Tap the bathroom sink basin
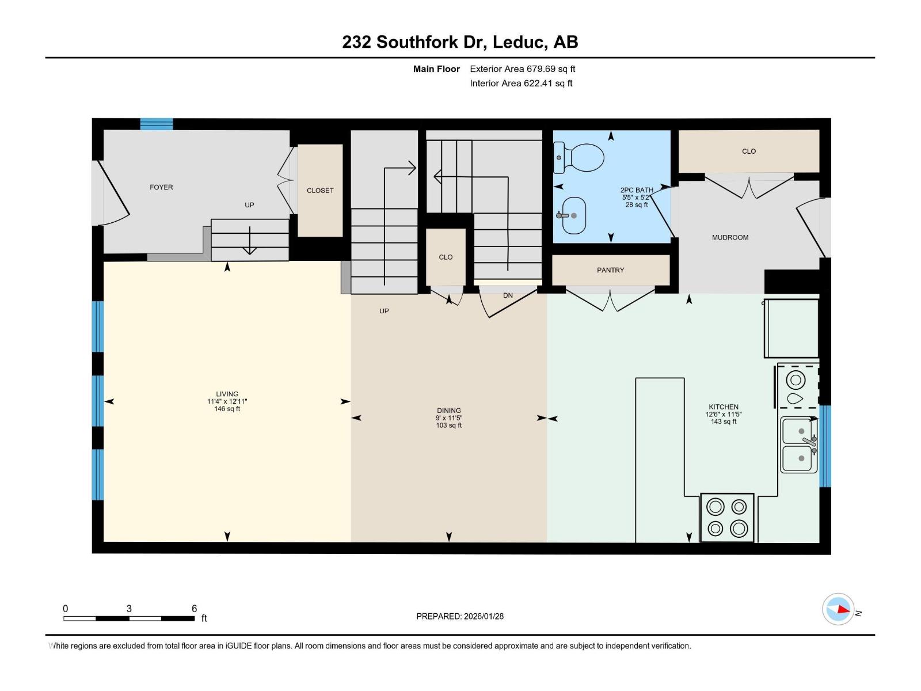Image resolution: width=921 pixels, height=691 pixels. click(x=573, y=215)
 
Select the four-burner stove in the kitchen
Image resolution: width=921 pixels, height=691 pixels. click(x=727, y=517)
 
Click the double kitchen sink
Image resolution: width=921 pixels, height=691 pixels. click(x=799, y=445)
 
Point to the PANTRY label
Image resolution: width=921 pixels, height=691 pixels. click(x=610, y=270)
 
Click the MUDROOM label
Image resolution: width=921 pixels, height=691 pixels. click(x=730, y=237)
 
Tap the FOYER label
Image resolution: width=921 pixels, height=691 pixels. click(x=161, y=187)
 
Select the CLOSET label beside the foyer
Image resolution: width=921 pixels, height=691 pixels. click(x=320, y=191)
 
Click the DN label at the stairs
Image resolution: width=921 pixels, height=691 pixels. click(x=508, y=295)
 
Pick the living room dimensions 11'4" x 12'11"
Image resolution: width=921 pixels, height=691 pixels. click(x=227, y=401)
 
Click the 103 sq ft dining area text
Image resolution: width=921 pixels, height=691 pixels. click(x=448, y=426)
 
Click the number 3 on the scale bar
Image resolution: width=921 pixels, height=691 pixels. click(x=129, y=608)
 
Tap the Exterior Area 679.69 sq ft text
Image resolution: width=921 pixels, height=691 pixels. click(x=523, y=69)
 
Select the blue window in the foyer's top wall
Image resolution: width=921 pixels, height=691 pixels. click(x=156, y=124)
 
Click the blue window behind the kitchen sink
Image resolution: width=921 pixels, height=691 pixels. click(x=825, y=446)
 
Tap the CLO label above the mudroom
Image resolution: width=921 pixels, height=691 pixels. click(x=748, y=151)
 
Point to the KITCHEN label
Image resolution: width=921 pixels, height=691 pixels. click(x=724, y=407)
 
